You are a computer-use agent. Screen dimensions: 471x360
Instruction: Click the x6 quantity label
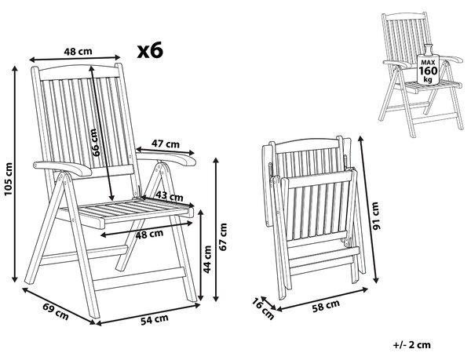click(150, 50)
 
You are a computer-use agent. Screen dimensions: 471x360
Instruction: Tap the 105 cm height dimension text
click(9, 179)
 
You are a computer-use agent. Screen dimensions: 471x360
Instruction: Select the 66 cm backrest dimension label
click(95, 143)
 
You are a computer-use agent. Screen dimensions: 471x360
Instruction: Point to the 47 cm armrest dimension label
click(165, 144)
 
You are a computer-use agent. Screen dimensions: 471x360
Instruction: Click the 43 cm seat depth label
click(169, 197)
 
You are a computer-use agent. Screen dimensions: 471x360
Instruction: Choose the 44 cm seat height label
click(207, 260)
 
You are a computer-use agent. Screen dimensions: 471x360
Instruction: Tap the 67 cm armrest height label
click(223, 237)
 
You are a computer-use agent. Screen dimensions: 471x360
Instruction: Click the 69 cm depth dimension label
click(56, 311)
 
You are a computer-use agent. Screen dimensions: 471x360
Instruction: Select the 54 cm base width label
click(155, 319)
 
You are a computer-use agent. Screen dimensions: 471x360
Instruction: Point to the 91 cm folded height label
click(376, 216)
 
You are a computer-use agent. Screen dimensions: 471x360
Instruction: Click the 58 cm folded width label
click(326, 306)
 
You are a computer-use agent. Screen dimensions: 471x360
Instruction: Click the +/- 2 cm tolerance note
click(411, 344)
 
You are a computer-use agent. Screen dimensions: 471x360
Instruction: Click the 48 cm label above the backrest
click(78, 52)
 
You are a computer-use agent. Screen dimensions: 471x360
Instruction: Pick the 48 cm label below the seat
click(149, 235)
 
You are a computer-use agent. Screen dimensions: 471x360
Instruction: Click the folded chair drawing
click(314, 216)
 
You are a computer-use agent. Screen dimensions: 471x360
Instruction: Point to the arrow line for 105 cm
click(15, 174)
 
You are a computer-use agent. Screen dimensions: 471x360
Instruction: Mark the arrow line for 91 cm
click(368, 209)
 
